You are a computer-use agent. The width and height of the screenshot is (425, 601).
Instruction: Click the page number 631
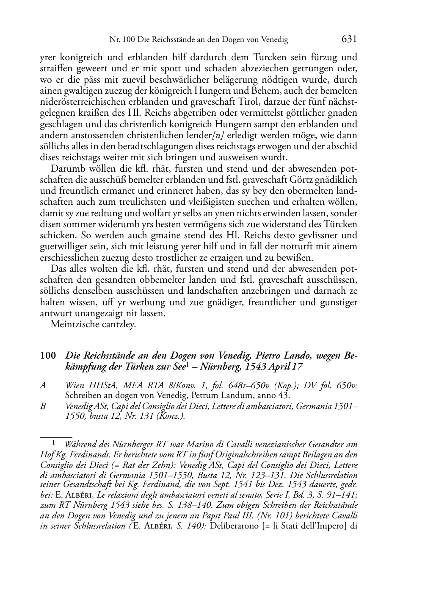click(x=349, y=39)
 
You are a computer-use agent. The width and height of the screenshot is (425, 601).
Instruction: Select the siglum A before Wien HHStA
click(x=42, y=385)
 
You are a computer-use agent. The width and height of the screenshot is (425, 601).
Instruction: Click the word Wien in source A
click(x=75, y=385)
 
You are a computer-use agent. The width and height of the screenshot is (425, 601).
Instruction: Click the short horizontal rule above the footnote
click(x=56, y=436)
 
